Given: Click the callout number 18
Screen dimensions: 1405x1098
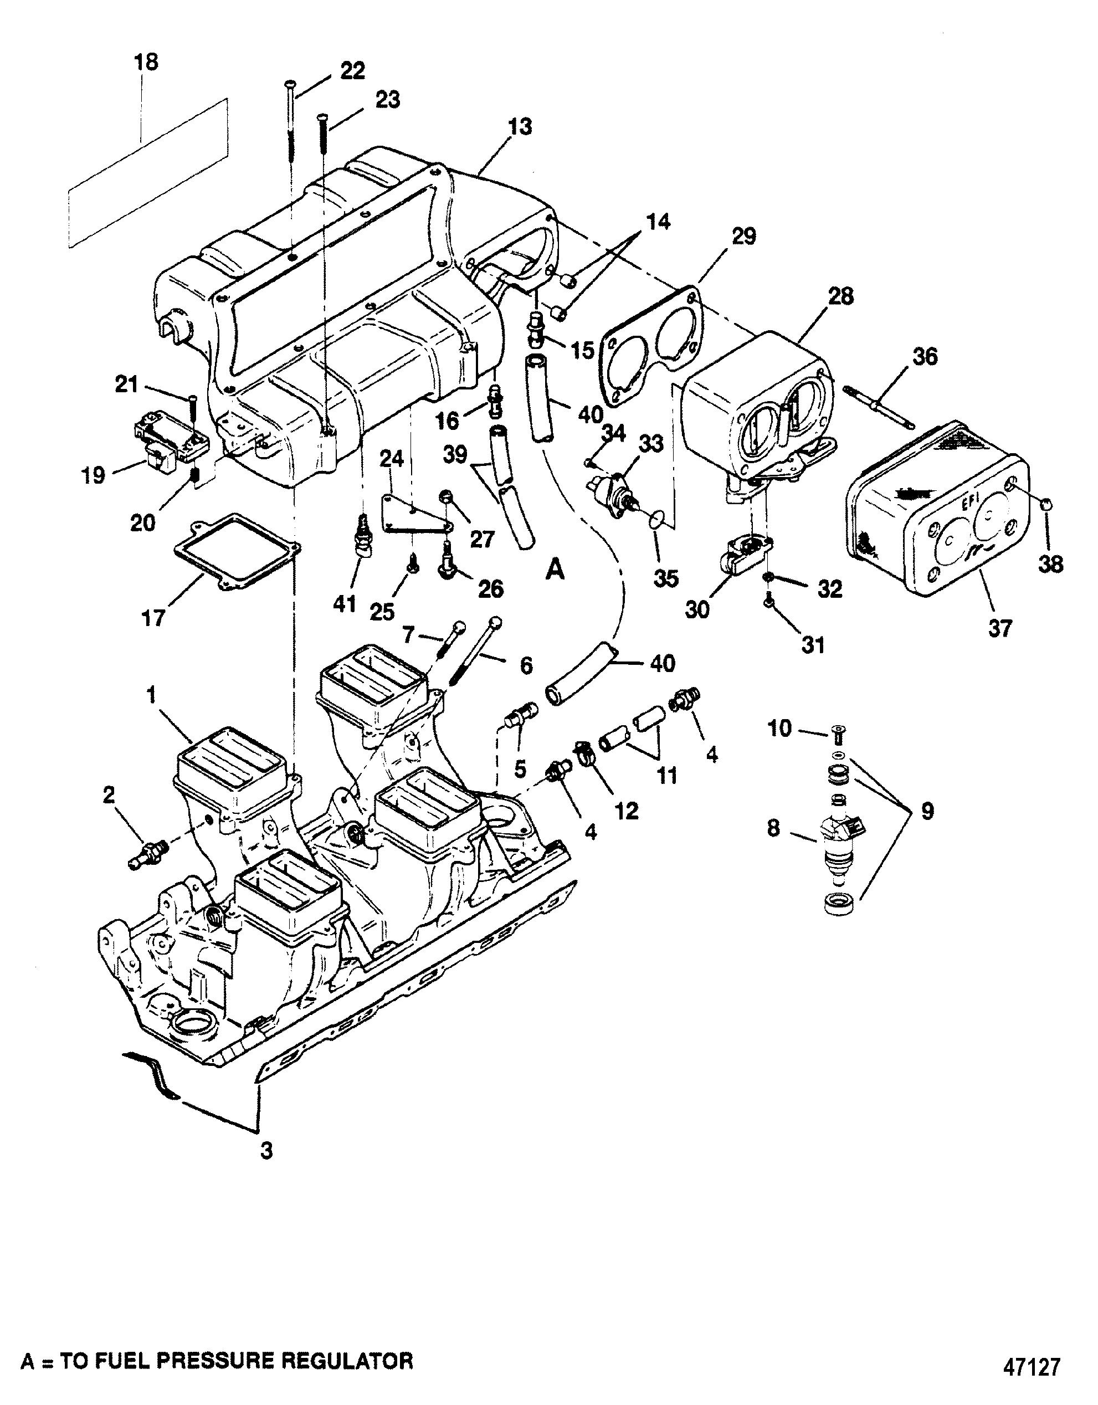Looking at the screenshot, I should tap(146, 63).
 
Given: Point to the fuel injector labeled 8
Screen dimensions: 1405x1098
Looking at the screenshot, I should tap(842, 848).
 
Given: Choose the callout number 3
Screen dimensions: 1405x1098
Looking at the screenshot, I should tap(266, 1151).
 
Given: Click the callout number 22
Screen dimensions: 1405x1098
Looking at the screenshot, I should tap(352, 70).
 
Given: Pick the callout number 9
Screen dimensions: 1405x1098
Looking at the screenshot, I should tap(927, 811).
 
